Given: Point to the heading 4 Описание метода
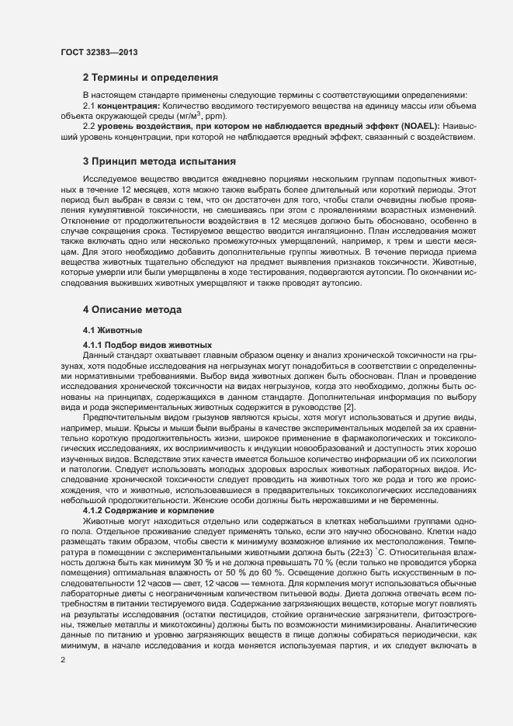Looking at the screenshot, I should [x=133, y=309].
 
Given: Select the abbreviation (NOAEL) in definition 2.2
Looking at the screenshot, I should [x=415, y=127].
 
